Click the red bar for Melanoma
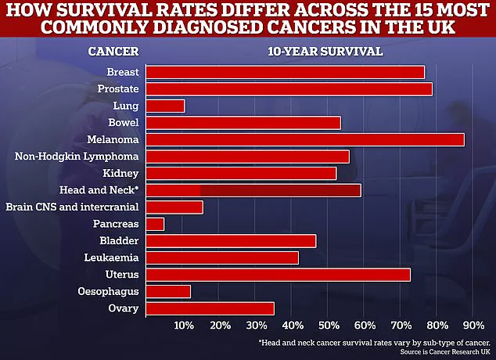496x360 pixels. [305, 139]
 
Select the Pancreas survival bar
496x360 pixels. [155, 224]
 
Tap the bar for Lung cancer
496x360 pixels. [165, 106]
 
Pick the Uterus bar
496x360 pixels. [278, 275]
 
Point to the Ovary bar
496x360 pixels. [210, 308]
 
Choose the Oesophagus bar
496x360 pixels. [168, 291]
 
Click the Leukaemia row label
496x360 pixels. [113, 257]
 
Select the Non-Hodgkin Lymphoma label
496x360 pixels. [77, 157]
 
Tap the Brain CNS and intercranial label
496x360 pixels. [72, 207]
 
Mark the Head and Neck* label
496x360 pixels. [99, 190]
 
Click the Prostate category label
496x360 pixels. [118, 88]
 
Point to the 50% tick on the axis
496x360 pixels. [328, 326]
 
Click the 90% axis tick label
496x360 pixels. [472, 326]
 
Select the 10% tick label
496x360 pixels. [184, 326]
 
